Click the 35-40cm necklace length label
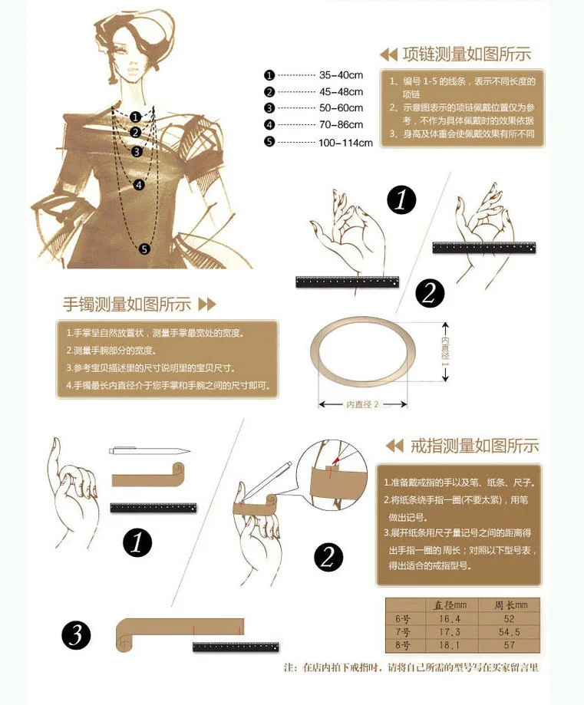[341, 75]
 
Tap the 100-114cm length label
[345, 143]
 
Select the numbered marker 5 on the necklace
[144, 249]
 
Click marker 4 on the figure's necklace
[139, 185]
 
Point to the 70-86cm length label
[341, 124]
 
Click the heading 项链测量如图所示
[467, 54]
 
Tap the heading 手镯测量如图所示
[127, 305]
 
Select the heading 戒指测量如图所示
[475, 446]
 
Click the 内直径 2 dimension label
[362, 404]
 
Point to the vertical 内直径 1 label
[445, 351]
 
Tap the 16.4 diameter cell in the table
[450, 619]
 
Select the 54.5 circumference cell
[509, 632]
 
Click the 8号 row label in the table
[403, 646]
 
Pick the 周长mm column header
[510, 605]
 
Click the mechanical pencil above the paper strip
[150, 450]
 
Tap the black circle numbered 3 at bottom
[76, 635]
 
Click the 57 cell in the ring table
[509, 645]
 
